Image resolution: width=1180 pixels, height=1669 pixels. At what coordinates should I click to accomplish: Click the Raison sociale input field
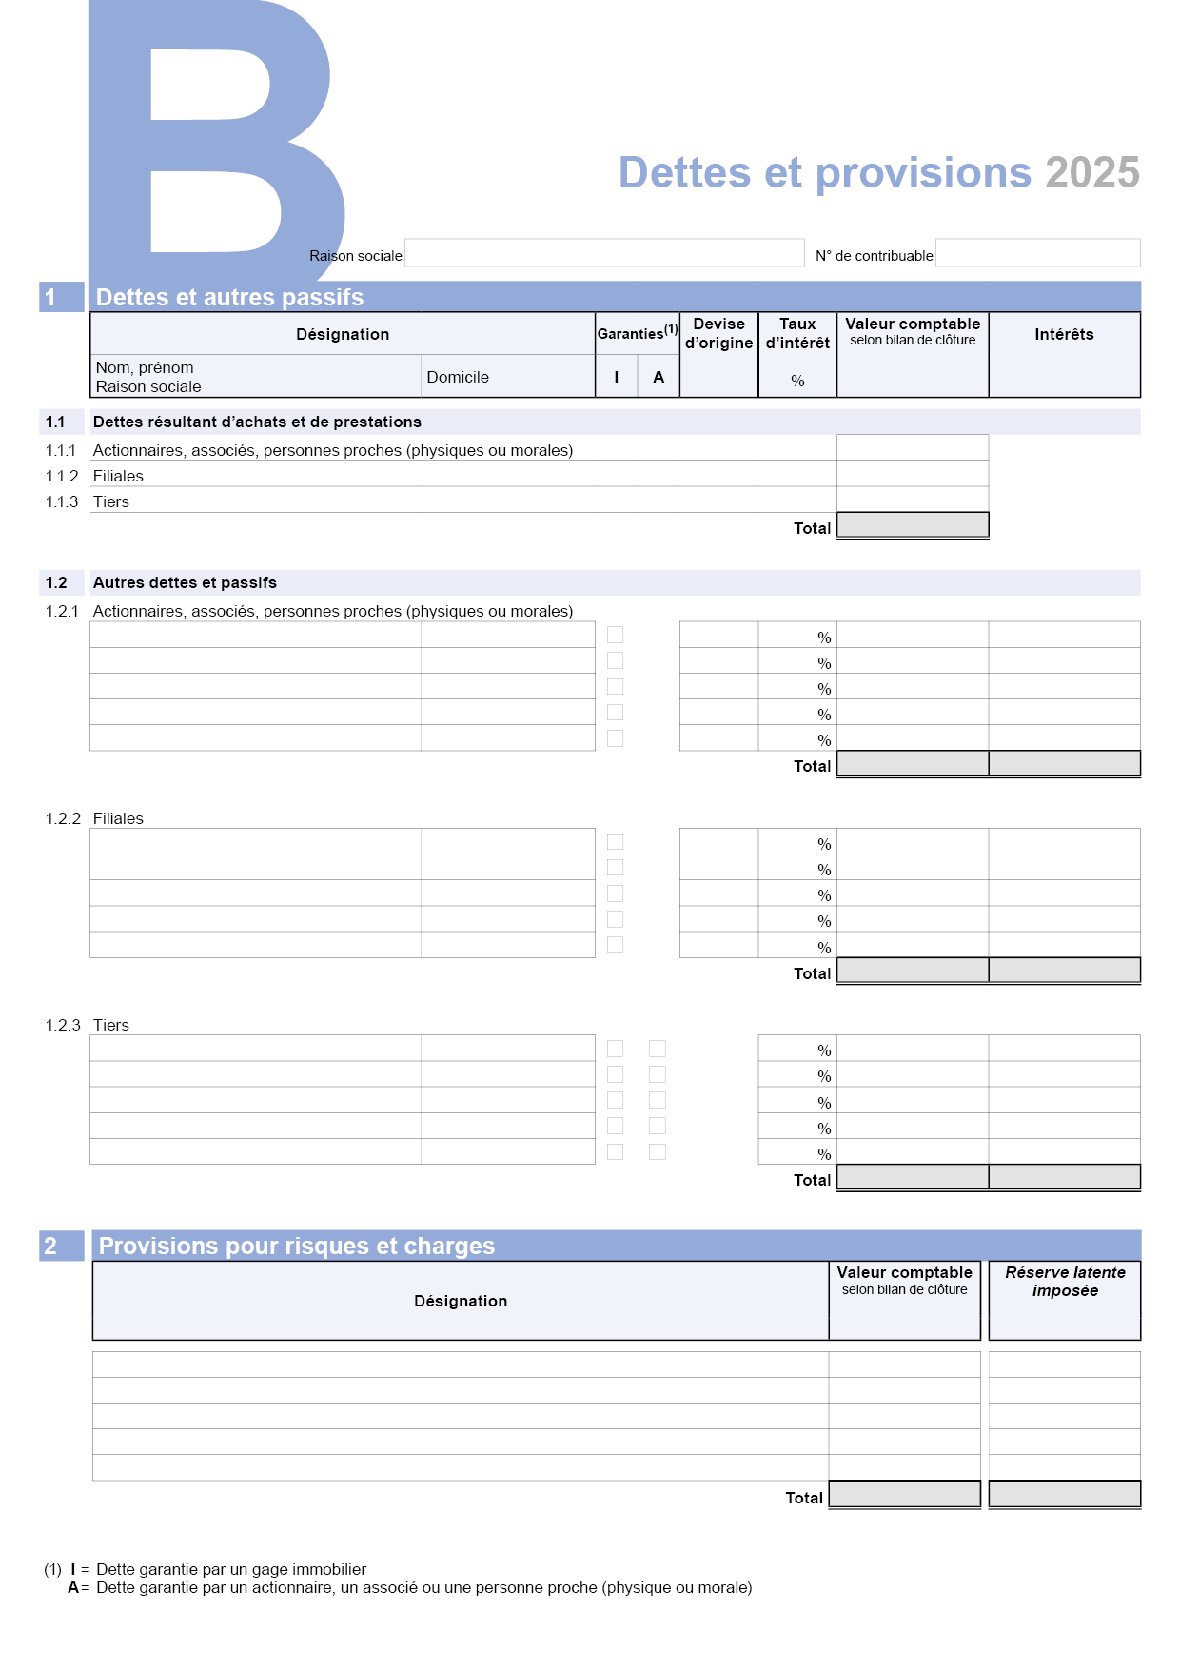click(x=604, y=253)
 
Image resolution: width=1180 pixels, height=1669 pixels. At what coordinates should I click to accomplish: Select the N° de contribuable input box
click(x=1037, y=253)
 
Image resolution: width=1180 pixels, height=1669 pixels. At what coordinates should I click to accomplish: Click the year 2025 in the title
click(x=1091, y=173)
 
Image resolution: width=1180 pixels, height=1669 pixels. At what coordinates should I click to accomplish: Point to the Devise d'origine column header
click(x=718, y=334)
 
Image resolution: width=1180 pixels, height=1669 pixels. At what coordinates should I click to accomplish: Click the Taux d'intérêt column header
click(x=797, y=334)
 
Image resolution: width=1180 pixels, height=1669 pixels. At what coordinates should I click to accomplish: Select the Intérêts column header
click(x=1064, y=334)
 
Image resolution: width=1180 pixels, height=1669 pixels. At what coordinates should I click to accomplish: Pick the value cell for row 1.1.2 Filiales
click(x=912, y=474)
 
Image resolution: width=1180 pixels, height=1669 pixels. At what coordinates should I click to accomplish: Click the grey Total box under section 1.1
click(x=912, y=525)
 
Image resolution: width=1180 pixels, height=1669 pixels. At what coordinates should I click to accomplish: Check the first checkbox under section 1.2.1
click(x=616, y=635)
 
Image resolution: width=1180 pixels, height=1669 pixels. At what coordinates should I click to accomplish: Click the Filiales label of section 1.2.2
click(x=118, y=818)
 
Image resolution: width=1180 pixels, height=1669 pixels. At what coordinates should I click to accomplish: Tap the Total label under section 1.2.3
click(x=812, y=1180)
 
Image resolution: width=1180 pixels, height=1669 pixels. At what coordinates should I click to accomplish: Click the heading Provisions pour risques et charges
click(x=297, y=1246)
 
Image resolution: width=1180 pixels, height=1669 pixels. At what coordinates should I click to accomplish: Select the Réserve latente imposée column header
click(x=1065, y=1282)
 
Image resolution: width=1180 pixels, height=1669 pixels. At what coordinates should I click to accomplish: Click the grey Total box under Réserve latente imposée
click(x=1064, y=1494)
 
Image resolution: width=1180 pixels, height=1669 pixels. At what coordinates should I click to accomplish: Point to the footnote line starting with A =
click(x=409, y=1587)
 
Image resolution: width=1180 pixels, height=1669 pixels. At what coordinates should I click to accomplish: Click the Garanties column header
click(x=637, y=333)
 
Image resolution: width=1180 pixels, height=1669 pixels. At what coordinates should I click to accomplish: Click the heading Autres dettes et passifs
click(x=185, y=582)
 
